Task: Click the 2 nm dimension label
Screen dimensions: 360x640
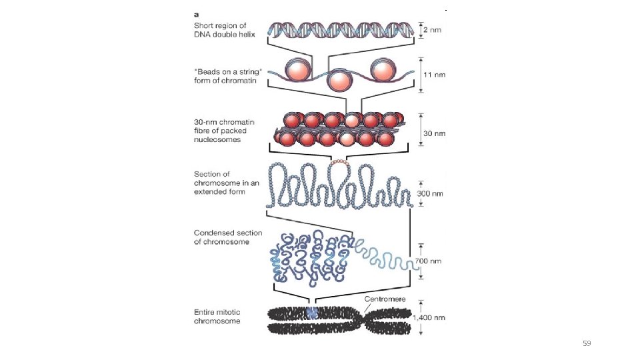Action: [433, 31]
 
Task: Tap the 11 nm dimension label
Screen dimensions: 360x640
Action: [434, 75]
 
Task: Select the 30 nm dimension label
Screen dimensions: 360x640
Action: [434, 133]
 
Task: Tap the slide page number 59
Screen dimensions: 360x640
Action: [587, 343]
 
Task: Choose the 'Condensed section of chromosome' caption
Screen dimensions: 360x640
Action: [228, 237]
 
